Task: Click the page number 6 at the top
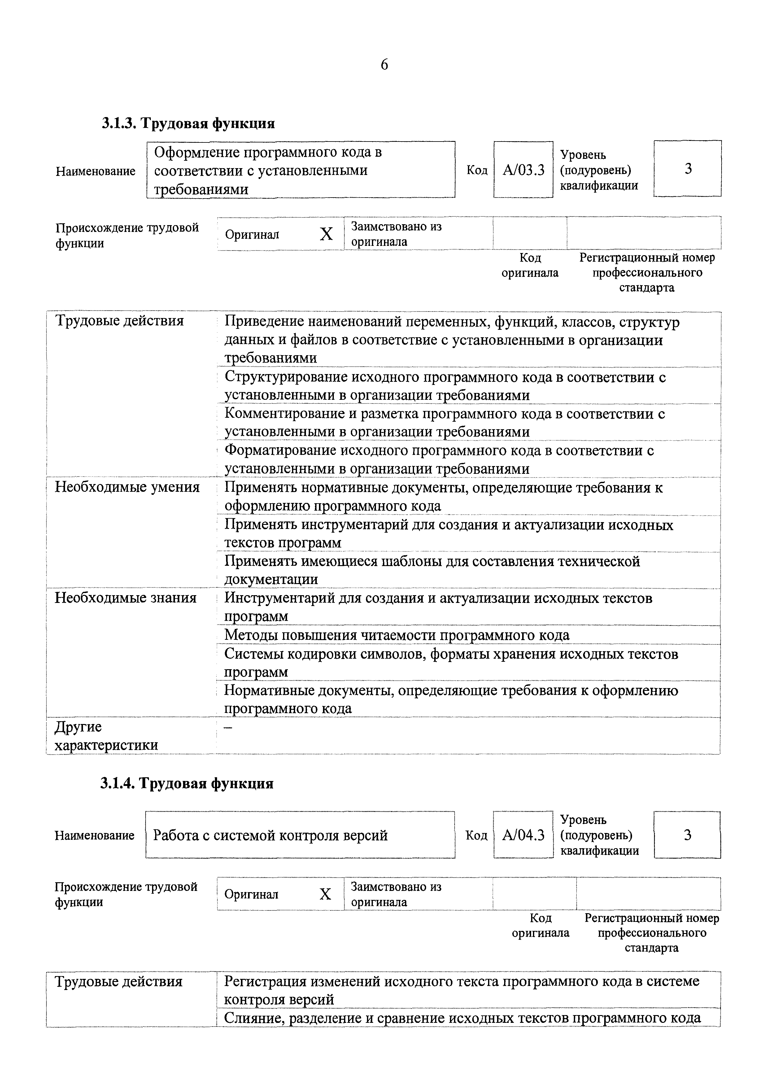coord(384,64)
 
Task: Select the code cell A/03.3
coord(523,170)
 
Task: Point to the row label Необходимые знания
coord(126,598)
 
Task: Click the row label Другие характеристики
coord(107,735)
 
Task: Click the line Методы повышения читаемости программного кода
coord(396,635)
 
